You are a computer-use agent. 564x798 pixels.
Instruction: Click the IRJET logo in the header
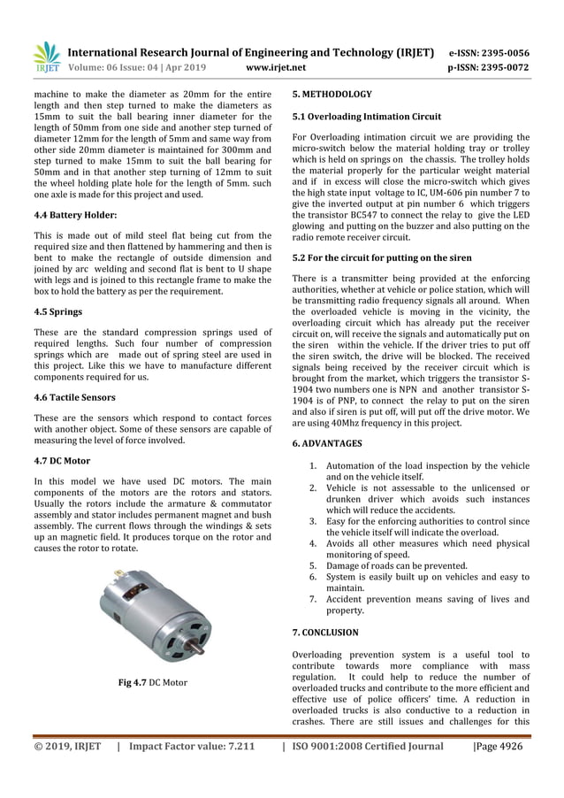[x=46, y=58]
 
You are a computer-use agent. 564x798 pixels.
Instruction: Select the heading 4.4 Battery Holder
[x=75, y=214]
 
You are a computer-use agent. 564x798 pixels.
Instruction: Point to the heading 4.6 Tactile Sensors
[x=74, y=397]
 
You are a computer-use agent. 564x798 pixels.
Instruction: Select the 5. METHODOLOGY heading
[x=332, y=94]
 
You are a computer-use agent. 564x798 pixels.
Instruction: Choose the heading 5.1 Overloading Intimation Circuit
[x=366, y=117]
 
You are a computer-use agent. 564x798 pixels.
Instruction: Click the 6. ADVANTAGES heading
[x=326, y=442]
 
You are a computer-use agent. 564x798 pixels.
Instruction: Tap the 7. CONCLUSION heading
[x=324, y=633]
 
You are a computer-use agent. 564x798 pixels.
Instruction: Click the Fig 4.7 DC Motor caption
[x=152, y=682]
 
